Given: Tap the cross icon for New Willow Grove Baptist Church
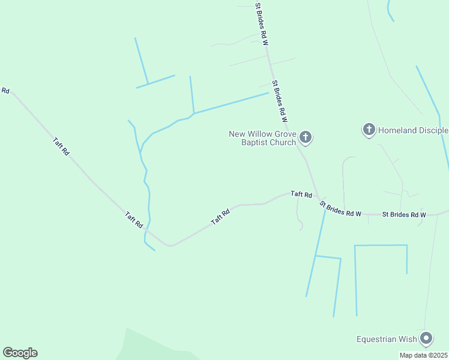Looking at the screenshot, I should [306, 138].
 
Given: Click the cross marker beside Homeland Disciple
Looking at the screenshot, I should [369, 130].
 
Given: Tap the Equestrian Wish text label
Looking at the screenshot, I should [387, 339].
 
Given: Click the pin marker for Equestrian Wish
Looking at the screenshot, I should [427, 338].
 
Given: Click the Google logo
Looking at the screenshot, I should [20, 353].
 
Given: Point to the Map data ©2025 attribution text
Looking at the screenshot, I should [423, 355].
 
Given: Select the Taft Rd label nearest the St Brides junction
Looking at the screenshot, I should [301, 194].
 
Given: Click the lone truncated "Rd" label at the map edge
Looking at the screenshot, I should [5, 91].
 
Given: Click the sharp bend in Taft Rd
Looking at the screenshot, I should [171, 245].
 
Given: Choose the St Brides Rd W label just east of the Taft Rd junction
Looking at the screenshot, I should [341, 210].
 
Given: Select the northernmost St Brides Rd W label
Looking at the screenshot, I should [262, 23].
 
